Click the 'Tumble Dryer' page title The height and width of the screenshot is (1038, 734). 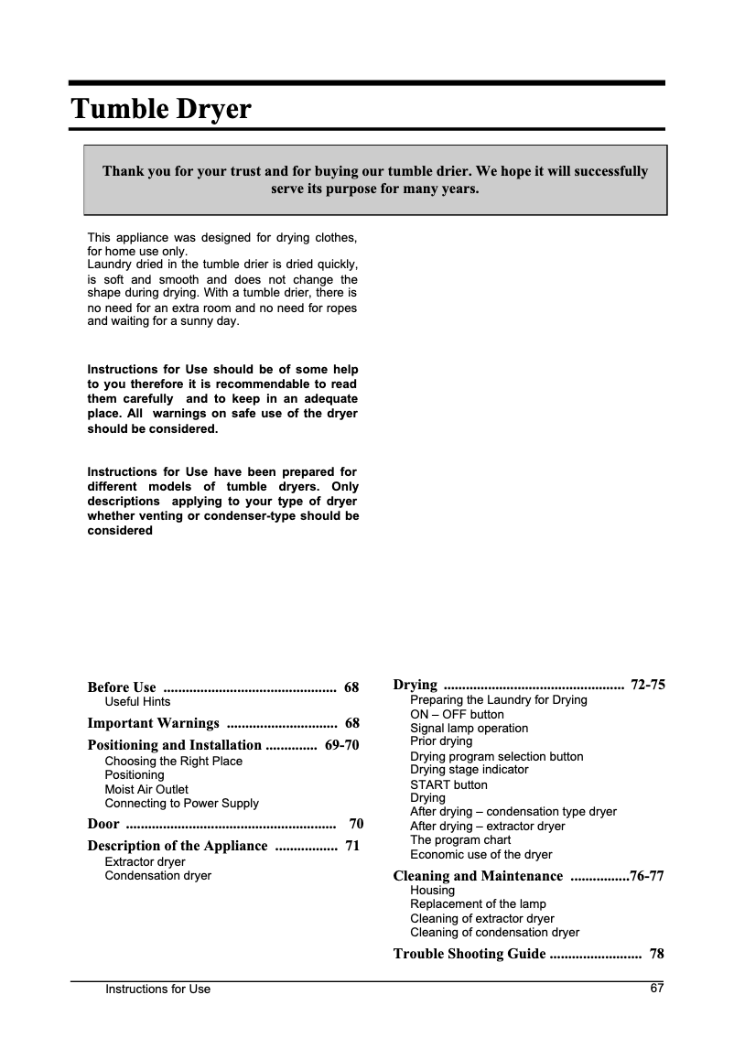click(x=161, y=110)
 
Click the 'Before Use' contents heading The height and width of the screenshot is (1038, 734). click(x=122, y=687)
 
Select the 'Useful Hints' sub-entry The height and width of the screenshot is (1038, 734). click(x=137, y=702)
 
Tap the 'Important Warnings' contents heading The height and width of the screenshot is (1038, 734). click(x=153, y=723)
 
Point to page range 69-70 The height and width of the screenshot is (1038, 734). click(x=341, y=745)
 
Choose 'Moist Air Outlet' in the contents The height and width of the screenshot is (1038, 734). click(x=146, y=789)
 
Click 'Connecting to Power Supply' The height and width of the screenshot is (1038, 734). click(x=181, y=804)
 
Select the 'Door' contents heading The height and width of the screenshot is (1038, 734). click(x=103, y=824)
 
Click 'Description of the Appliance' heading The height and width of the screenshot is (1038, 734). click(x=177, y=846)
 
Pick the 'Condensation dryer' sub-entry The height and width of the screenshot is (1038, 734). click(x=157, y=876)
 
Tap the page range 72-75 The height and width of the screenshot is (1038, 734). click(x=648, y=685)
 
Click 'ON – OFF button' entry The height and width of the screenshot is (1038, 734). click(x=457, y=714)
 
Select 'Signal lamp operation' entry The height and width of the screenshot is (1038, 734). click(x=469, y=729)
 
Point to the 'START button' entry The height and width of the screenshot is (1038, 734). click(x=448, y=785)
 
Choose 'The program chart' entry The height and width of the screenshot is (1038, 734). click(x=460, y=840)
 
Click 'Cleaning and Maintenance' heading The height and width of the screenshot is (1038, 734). click(x=478, y=876)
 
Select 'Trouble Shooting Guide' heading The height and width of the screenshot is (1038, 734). click(x=469, y=954)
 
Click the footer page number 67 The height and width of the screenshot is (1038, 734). click(x=656, y=988)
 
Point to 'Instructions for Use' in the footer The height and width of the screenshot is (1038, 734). click(x=157, y=989)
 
